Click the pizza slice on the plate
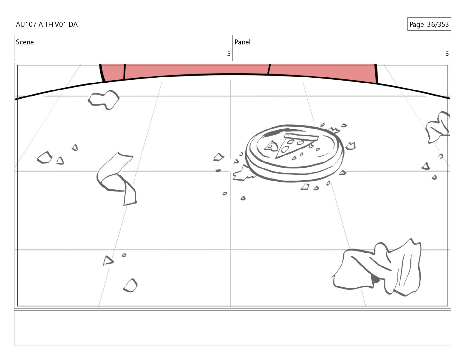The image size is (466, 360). pos(295,145)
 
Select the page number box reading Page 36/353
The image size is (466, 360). pos(429,24)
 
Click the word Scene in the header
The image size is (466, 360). pos(25,42)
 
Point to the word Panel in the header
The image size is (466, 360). pos(242,42)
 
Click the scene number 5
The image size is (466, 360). pos(229,54)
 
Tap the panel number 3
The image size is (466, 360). pos(447,54)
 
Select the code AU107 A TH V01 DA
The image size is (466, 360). pos(47,24)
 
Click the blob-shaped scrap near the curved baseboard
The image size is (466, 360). pos(104,100)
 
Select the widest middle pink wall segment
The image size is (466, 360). pos(197,69)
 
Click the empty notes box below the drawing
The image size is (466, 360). pos(233,328)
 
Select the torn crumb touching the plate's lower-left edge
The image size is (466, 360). pos(243,173)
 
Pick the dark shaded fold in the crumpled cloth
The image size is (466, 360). pos(375,279)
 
